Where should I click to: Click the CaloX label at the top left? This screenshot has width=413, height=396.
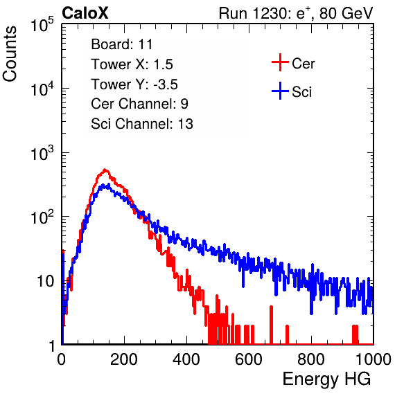tap(85, 13)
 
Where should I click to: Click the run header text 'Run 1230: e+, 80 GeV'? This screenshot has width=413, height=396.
tap(296, 13)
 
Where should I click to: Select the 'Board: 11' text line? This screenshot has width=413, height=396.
tap(122, 44)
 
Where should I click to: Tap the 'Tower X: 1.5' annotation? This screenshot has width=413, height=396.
tap(132, 64)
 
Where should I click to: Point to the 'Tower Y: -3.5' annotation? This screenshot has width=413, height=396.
tap(134, 84)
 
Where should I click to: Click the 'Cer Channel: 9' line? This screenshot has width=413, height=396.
tap(139, 104)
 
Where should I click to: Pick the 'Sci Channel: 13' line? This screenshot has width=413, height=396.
tap(142, 124)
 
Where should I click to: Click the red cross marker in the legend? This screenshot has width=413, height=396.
tap(280, 62)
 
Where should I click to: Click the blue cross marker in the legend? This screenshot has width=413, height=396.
tap(280, 91)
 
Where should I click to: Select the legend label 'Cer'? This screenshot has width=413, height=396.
tap(303, 64)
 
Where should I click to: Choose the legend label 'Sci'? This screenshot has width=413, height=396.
tap(301, 92)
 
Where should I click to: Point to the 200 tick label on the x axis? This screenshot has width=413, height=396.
tap(124, 359)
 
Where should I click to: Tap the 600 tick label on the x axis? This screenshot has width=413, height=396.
tap(249, 359)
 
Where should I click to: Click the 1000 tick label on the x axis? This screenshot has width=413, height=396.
tap(374, 359)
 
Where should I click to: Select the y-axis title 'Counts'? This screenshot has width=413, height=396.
tap(10, 54)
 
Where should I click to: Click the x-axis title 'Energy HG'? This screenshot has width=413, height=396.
tap(326, 379)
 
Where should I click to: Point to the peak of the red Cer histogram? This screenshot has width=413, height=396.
tap(105, 170)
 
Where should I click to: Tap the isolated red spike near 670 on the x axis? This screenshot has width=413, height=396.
tap(272, 325)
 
